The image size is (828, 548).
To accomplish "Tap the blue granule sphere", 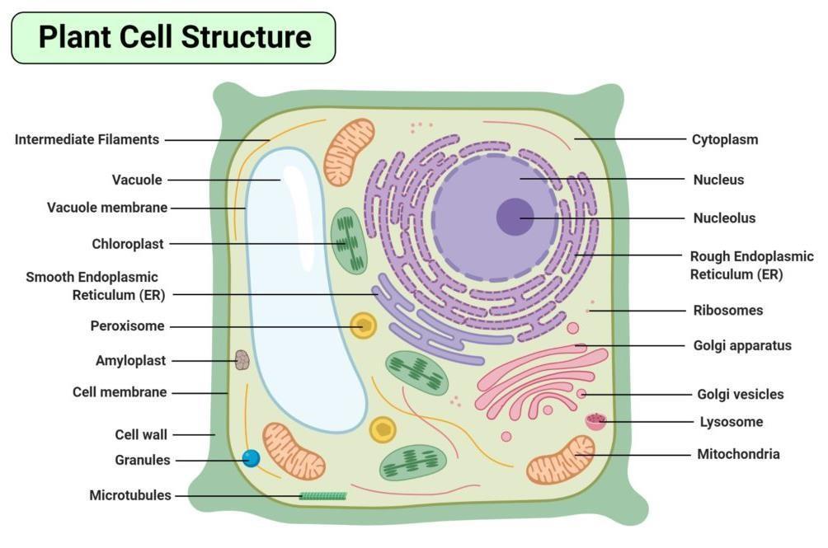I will click(x=252, y=458).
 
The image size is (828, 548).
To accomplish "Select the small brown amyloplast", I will click(x=242, y=360).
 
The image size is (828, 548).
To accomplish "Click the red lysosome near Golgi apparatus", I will click(x=596, y=422).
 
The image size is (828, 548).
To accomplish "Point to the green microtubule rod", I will click(x=322, y=496).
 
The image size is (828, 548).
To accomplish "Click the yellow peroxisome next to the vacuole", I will click(x=363, y=326).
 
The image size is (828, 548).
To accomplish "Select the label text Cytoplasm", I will click(x=724, y=139).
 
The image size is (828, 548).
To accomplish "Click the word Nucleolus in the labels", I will click(x=724, y=218).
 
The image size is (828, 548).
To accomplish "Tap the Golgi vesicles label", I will click(x=740, y=395).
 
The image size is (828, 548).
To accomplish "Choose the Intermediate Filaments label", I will click(x=87, y=139).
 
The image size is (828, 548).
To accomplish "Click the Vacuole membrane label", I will click(x=107, y=208).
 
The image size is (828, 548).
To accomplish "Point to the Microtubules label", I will click(x=130, y=495).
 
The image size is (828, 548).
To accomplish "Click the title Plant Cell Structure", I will click(x=174, y=38).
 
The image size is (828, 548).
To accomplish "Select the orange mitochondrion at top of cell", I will click(x=349, y=152).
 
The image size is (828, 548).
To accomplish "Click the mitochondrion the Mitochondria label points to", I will click(x=561, y=460).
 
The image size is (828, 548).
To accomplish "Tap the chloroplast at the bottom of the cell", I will click(x=412, y=462).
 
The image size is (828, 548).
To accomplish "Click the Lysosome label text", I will click(x=730, y=422).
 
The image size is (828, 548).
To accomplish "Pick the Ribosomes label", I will click(x=727, y=311).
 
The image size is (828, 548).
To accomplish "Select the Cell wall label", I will click(x=141, y=434).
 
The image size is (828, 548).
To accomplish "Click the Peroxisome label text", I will click(x=127, y=326).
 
